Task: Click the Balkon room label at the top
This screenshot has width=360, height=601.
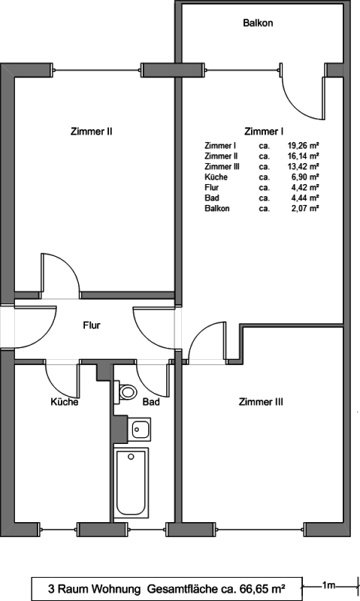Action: (258, 23)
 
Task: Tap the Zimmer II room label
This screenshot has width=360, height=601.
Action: (91, 131)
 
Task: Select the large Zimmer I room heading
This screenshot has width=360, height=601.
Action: (264, 131)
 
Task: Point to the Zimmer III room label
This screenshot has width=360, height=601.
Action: (261, 402)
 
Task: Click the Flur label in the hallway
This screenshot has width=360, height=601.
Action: (92, 325)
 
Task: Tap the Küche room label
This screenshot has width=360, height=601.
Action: (65, 402)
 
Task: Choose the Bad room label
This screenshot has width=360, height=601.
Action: (151, 402)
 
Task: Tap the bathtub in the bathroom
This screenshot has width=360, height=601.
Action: (131, 482)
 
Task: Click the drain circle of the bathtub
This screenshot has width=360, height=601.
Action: (131, 457)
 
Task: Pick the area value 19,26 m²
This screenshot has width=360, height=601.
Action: (304, 146)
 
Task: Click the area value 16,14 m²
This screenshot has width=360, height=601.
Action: (304, 156)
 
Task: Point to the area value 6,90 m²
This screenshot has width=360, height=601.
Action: (306, 177)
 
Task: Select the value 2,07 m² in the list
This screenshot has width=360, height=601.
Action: (306, 209)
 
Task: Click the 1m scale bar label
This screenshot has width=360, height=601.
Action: (328, 585)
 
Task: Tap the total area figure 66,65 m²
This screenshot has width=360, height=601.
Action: (262, 588)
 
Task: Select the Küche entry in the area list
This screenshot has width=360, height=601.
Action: (216, 177)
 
